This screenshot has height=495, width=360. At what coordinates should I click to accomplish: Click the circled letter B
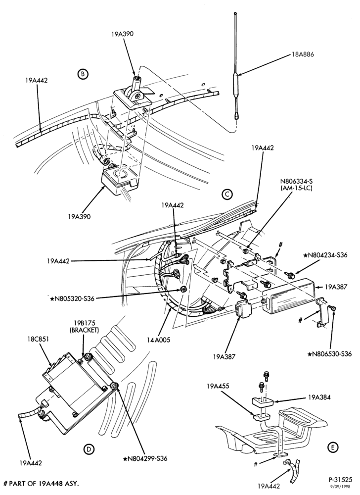tap(83, 74)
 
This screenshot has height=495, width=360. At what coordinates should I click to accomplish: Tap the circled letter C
tap(227, 194)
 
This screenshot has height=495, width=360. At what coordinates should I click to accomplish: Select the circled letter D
tap(90, 449)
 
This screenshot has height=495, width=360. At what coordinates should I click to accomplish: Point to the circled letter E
tap(333, 447)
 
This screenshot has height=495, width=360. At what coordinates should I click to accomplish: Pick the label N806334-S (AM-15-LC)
tap(297, 185)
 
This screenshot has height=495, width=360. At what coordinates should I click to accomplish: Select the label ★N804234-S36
tap(325, 255)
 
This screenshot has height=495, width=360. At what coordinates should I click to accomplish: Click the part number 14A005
tap(158, 340)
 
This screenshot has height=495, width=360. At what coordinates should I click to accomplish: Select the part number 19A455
tap(218, 386)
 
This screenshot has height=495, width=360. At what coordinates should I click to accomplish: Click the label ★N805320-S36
tap(72, 298)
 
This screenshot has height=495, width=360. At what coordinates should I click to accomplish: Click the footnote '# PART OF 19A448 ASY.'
tap(41, 483)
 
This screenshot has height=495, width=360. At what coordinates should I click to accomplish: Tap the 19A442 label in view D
tap(31, 463)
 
